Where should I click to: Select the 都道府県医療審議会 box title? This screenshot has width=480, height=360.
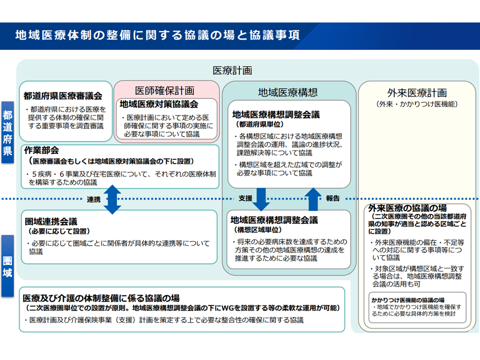[x=63, y=96]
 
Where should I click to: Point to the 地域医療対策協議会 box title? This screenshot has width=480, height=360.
[x=159, y=104]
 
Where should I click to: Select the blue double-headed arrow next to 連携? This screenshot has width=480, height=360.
[x=112, y=199]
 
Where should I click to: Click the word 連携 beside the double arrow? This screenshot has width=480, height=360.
[x=93, y=199]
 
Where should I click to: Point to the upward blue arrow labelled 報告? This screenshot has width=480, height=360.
[x=313, y=199]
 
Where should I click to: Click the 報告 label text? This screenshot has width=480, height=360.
[x=333, y=198]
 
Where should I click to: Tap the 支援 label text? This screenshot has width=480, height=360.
[x=245, y=198]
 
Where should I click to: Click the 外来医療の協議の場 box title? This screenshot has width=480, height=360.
[x=407, y=208]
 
